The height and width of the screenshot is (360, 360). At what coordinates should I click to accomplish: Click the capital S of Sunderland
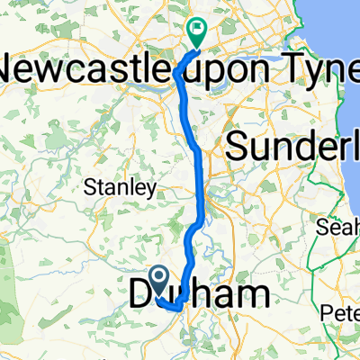[238, 144]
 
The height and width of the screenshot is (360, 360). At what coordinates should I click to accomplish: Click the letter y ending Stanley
[154, 190]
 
